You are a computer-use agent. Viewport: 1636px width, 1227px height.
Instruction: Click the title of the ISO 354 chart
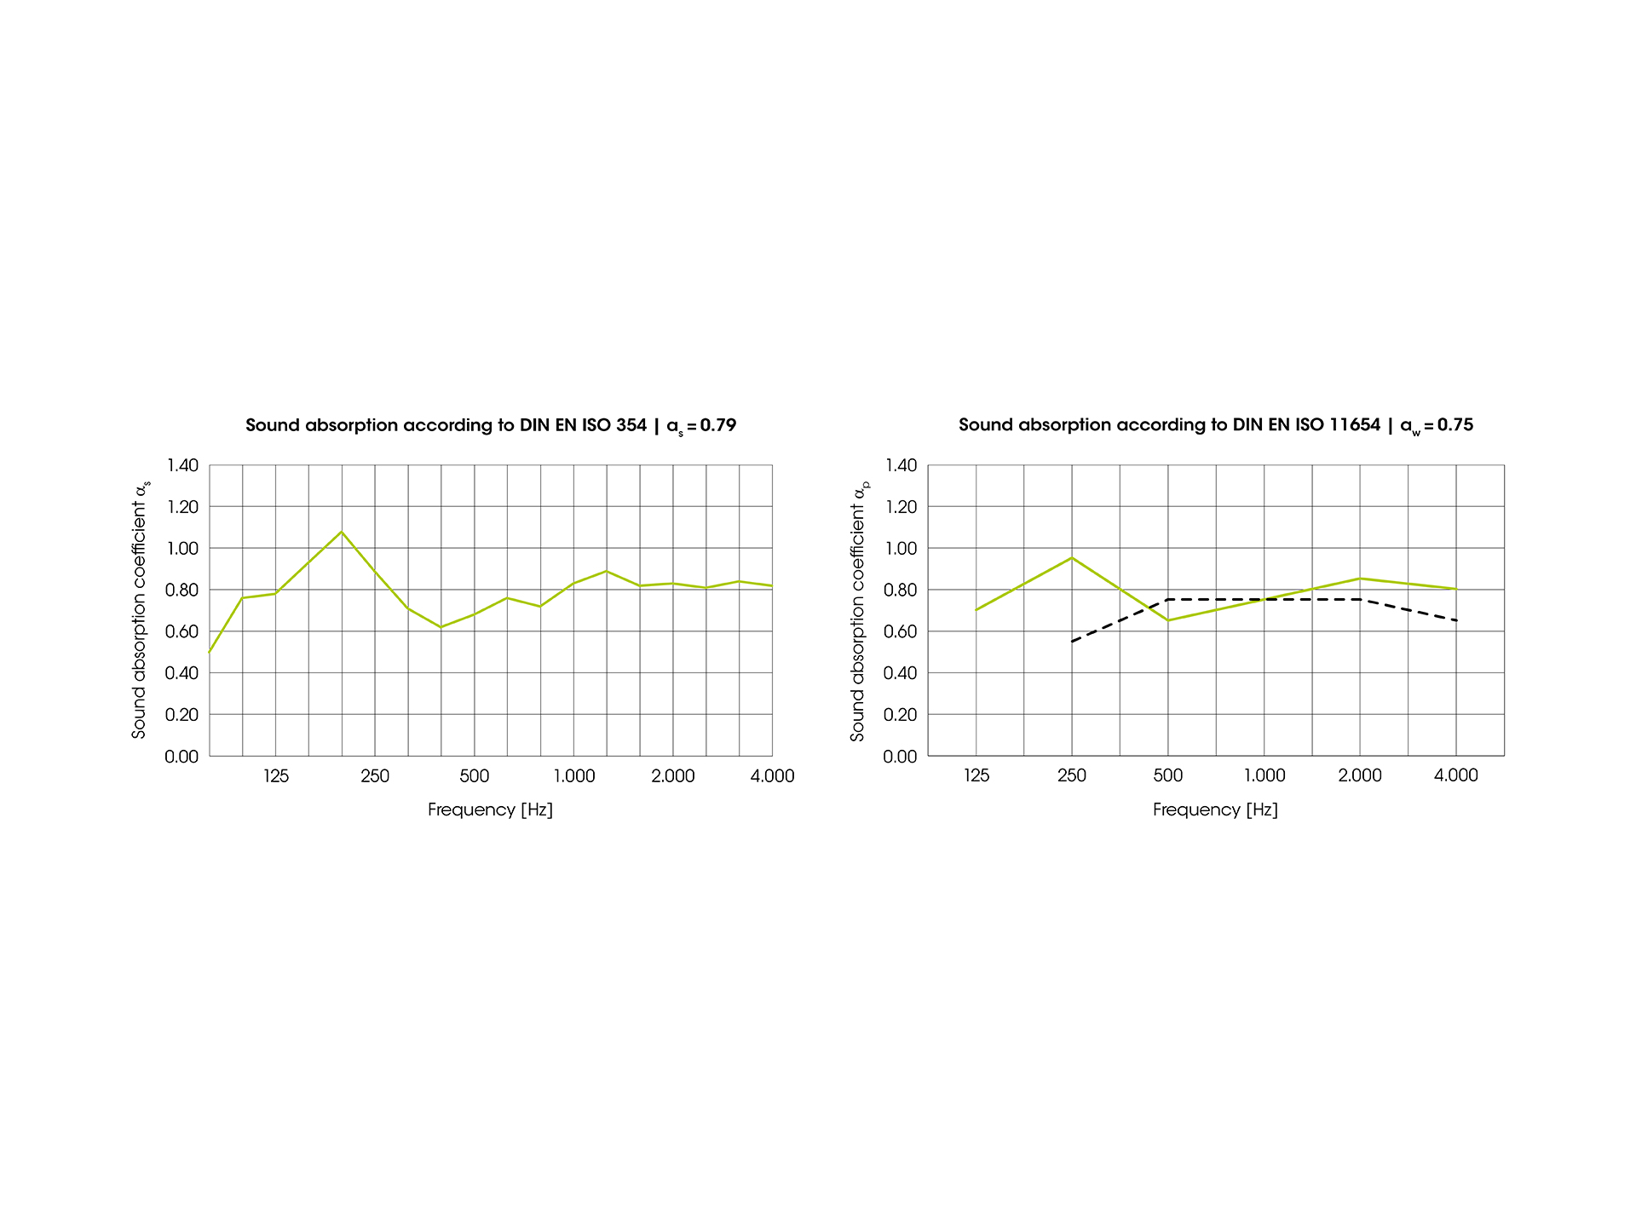(490, 425)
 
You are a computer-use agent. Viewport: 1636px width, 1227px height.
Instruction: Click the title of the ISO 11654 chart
(1215, 425)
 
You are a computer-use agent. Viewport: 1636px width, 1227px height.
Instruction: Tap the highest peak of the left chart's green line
(342, 532)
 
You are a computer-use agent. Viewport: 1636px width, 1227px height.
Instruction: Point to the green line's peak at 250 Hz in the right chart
(1072, 557)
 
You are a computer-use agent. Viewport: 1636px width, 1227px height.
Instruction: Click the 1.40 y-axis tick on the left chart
(181, 465)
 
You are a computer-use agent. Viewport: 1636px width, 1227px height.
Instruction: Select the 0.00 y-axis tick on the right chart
(901, 757)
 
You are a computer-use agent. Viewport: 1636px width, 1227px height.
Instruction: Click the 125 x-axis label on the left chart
(276, 776)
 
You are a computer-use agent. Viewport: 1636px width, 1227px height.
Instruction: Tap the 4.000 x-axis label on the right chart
(1456, 776)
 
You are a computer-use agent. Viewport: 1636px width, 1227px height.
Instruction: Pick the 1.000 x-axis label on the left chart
(574, 776)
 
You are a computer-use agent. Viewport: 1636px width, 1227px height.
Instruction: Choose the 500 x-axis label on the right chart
(1168, 776)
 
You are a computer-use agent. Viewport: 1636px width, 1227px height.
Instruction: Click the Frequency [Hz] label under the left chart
(490, 810)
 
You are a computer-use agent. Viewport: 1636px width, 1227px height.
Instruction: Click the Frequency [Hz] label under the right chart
(1215, 810)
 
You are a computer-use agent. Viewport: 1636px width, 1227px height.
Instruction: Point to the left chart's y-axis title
(140, 610)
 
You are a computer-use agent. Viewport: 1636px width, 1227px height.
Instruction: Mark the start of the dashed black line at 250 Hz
(1072, 642)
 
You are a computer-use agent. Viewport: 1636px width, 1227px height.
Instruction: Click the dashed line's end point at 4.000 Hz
(1456, 620)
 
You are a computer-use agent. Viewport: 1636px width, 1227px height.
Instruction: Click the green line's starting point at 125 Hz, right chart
(976, 610)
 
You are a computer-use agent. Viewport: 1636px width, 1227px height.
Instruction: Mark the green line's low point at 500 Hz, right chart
(1168, 620)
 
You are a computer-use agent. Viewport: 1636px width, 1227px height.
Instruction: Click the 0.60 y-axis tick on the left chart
(181, 631)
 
